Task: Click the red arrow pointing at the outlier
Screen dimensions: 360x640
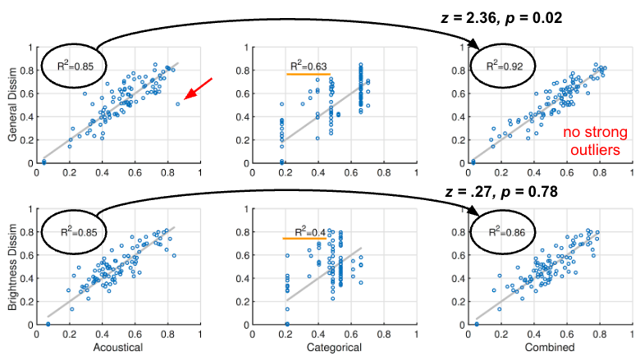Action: (199, 90)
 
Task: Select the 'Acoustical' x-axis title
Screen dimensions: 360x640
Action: (107, 349)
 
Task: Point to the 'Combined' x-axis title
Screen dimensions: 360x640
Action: (551, 349)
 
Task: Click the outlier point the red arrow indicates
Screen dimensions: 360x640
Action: (178, 104)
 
